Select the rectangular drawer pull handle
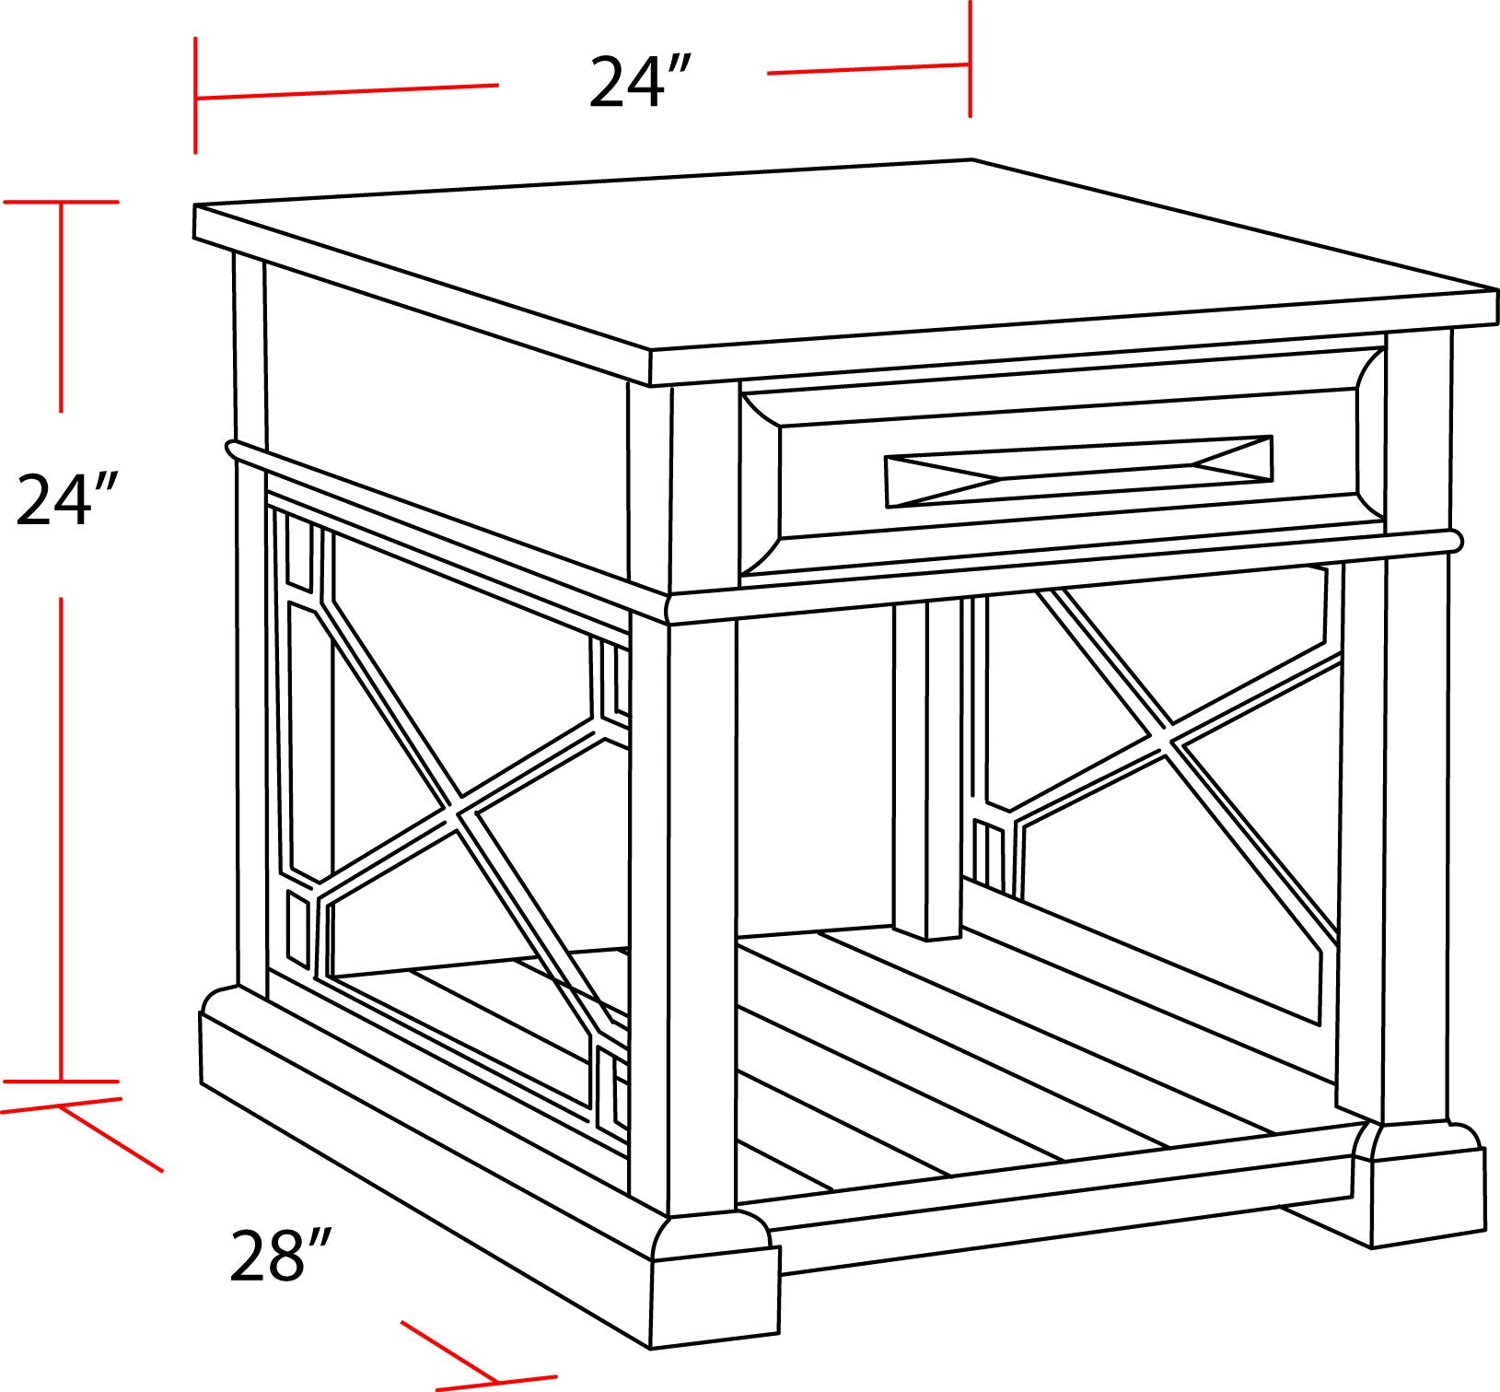(x=1078, y=471)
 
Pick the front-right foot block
(x=1423, y=1179)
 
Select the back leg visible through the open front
(x=927, y=765)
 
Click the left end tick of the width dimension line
(x=195, y=96)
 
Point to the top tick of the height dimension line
(x=62, y=202)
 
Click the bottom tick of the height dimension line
(x=62, y=1081)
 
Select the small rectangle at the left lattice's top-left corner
(x=298, y=550)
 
